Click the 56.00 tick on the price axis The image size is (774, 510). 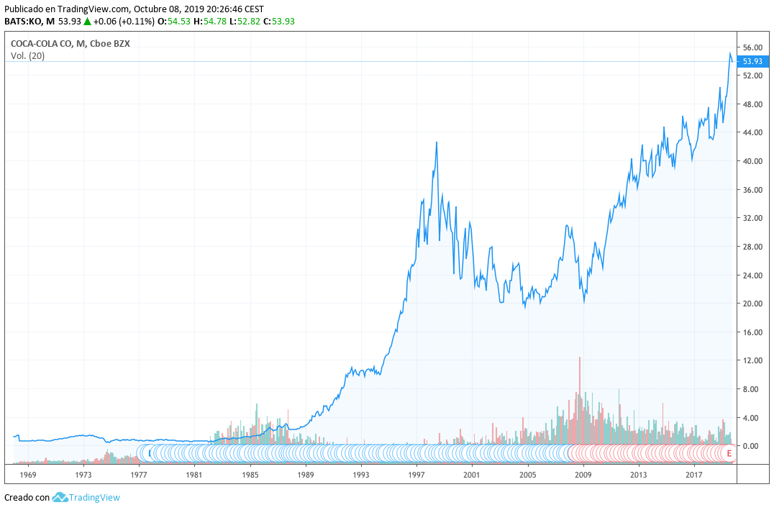[x=752, y=47]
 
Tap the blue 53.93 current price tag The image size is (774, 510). [x=752, y=62]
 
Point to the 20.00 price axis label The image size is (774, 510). [x=752, y=304]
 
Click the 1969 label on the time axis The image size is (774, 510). [x=28, y=475]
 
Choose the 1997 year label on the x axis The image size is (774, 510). [x=416, y=475]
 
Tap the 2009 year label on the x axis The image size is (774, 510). [x=583, y=475]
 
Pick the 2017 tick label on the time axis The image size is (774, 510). [x=694, y=475]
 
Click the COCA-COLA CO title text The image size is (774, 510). [x=42, y=44]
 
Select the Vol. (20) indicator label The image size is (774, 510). [x=27, y=56]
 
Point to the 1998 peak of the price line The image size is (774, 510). [x=437, y=142]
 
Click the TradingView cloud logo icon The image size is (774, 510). [x=60, y=497]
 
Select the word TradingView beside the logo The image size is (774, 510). [x=94, y=498]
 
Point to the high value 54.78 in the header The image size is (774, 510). [x=213, y=22]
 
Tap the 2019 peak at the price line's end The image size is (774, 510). [x=729, y=53]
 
